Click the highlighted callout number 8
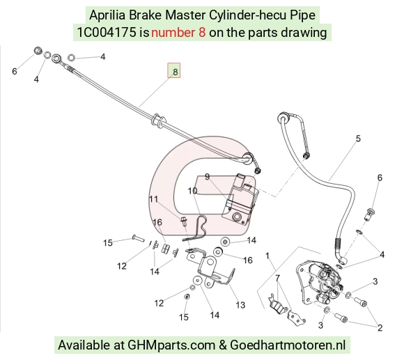[x=176, y=72]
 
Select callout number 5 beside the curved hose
[x=358, y=139]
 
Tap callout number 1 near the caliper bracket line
[x=267, y=256]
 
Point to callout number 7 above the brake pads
[x=277, y=278]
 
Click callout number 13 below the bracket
[x=240, y=305]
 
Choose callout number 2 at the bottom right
[x=380, y=328]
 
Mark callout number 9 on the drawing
[x=207, y=177]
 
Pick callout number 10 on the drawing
[x=192, y=191]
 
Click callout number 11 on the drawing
[x=153, y=199]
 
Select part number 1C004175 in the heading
[x=107, y=33]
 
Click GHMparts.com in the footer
[x=171, y=345]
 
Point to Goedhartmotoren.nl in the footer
[x=288, y=345]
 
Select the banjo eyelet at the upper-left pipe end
[x=56, y=58]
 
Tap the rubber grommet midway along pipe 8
[x=158, y=120]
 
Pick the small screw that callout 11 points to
[x=184, y=221]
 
